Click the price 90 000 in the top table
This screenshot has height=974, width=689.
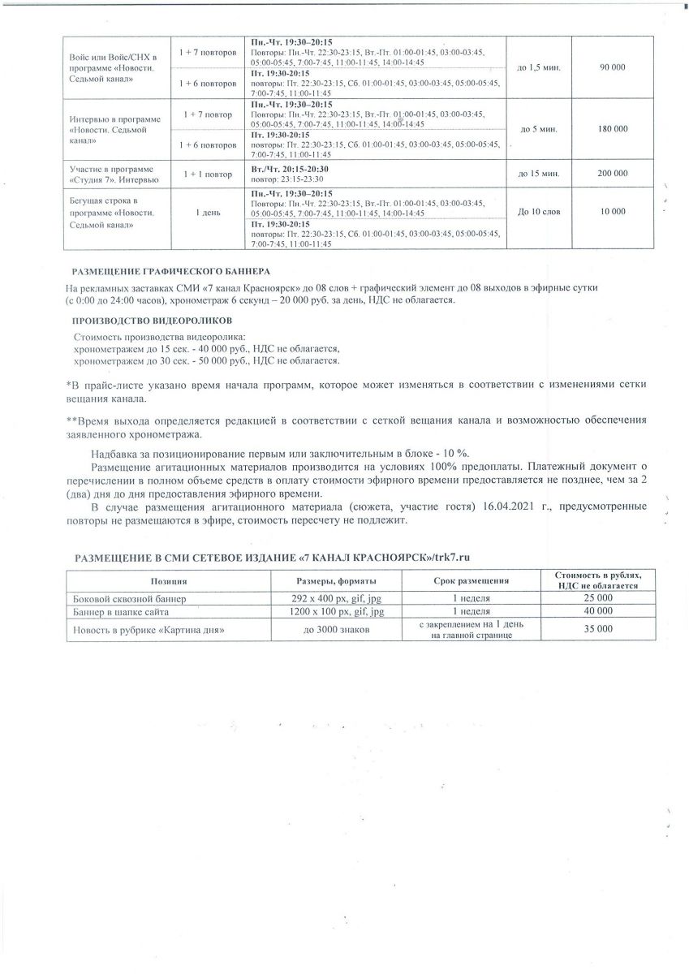(612, 67)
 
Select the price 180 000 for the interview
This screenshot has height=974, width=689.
(612, 129)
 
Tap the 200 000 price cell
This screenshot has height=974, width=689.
(612, 173)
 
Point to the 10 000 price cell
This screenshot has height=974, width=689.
(612, 211)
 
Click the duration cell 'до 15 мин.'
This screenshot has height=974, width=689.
(538, 173)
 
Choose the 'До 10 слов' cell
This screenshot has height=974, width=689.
(538, 211)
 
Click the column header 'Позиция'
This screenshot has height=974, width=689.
(169, 581)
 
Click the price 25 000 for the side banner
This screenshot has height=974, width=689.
(597, 598)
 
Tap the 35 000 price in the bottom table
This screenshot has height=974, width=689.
(597, 628)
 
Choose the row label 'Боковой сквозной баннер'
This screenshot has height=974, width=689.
(130, 599)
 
